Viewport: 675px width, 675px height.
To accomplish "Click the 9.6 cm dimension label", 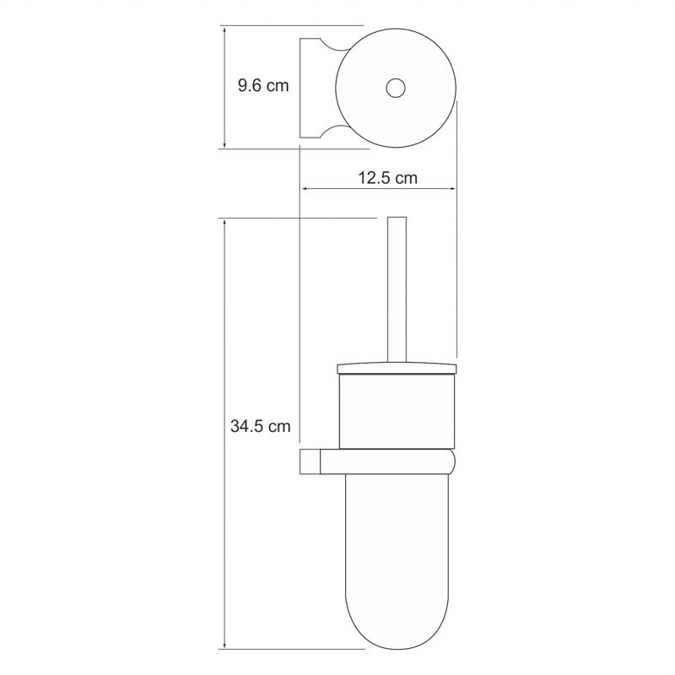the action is click(x=263, y=85).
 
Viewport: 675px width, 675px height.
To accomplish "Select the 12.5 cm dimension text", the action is click(x=388, y=177).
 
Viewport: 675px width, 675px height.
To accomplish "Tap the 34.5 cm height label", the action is click(x=260, y=426).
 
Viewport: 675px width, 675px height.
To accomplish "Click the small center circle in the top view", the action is click(x=396, y=89).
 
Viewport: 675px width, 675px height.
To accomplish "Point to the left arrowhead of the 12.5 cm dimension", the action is click(x=305, y=188).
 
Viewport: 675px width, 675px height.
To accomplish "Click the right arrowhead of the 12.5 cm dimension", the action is click(x=452, y=188).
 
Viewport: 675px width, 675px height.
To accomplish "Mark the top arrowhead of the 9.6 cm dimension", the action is click(x=224, y=30).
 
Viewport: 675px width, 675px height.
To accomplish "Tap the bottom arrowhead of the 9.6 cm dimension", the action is click(x=224, y=144).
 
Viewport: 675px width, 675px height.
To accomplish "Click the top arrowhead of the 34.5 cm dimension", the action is click(x=224, y=223).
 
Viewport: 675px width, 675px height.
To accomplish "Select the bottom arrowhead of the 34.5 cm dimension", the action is click(x=224, y=644).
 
